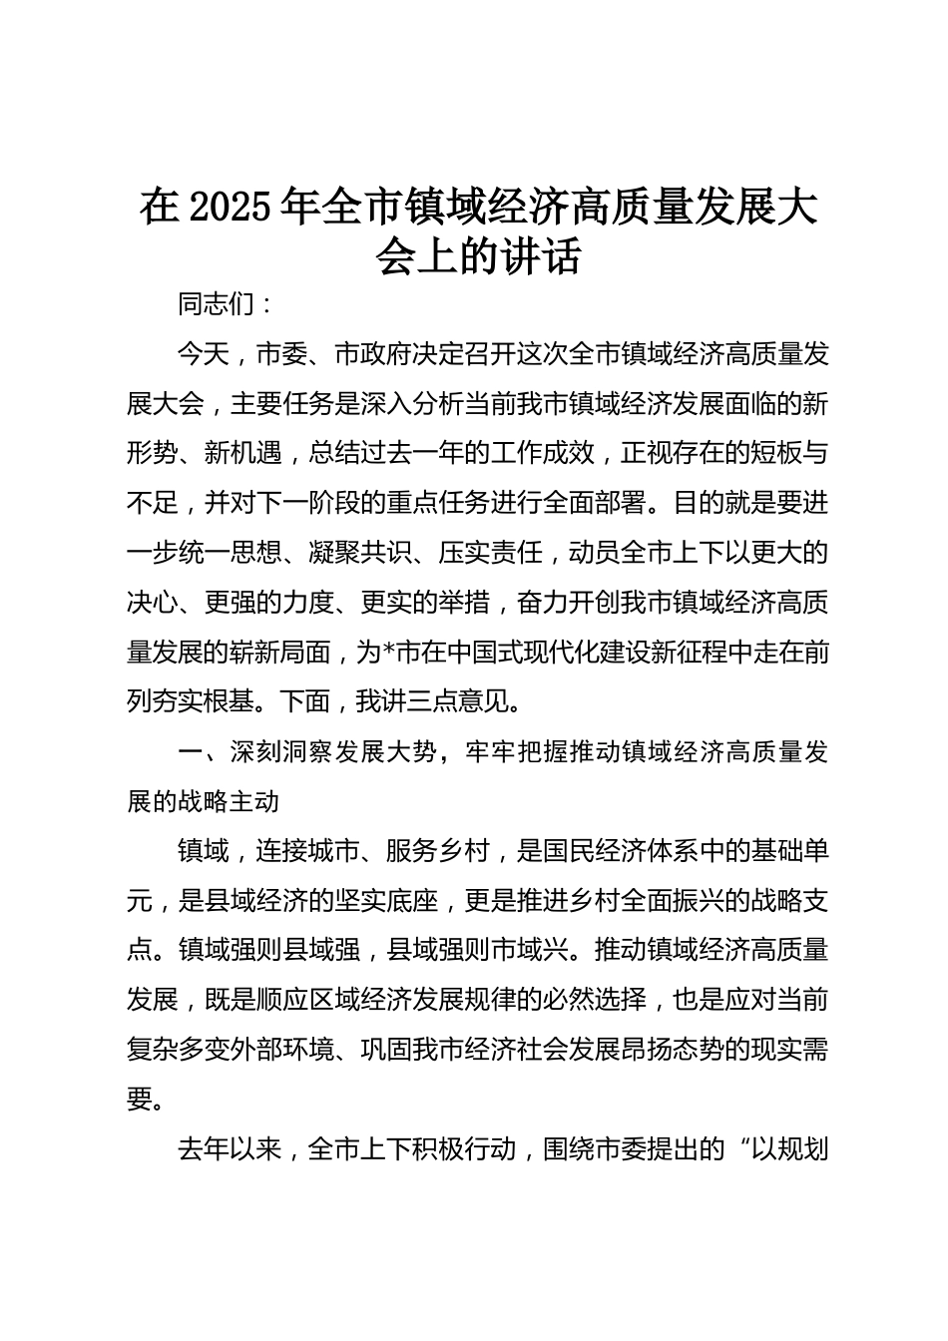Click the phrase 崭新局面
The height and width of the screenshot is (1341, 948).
282,652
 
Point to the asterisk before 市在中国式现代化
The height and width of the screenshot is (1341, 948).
390,652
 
